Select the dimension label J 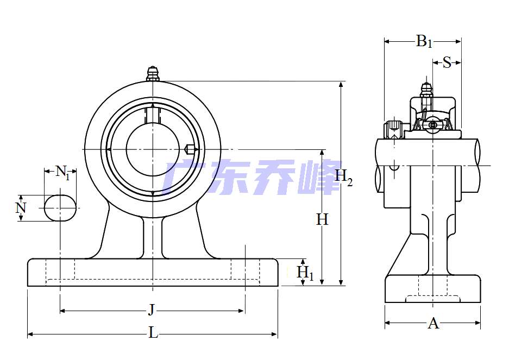pos(152,310)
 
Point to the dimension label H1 pos(305,273)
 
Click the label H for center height pos(322,219)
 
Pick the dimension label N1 pos(63,173)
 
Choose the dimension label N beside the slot pos(21,207)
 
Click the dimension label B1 pos(424,41)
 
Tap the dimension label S pos(447,62)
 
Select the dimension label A pos(433,324)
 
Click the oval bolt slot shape pos(59,207)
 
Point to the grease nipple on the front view pos(153,73)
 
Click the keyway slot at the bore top pos(153,113)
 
